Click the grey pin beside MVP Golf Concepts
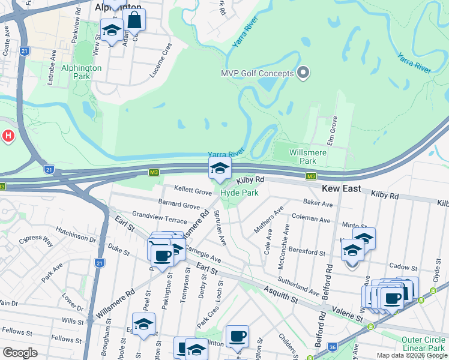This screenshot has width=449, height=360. tap(303, 73)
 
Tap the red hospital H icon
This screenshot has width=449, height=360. tap(8, 136)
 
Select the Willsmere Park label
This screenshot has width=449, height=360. tap(303, 157)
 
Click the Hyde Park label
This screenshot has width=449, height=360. tap(240, 193)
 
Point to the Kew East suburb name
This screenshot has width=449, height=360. tap(342, 188)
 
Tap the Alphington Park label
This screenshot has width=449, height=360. tap(82, 72)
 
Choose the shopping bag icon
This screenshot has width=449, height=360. tap(134, 20)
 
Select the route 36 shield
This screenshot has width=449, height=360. tap(332, 347)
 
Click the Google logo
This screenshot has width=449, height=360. tap(20, 353)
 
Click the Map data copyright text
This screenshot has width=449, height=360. tap(411, 355)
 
